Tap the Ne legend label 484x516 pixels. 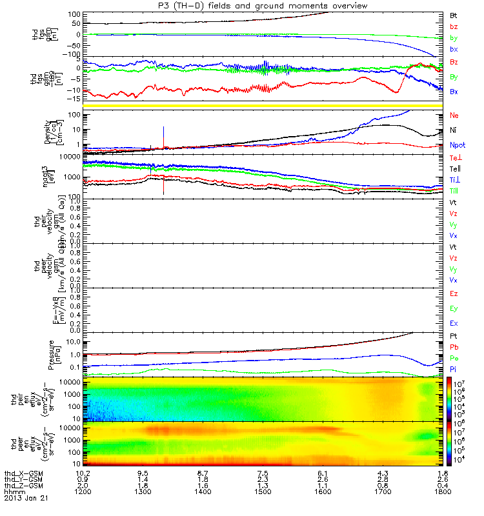click(454, 115)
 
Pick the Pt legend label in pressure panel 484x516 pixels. click(454, 337)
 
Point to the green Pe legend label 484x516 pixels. click(454, 357)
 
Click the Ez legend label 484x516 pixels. click(454, 293)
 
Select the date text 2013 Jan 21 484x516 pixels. click(26, 499)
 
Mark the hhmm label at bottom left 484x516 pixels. click(13, 492)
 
